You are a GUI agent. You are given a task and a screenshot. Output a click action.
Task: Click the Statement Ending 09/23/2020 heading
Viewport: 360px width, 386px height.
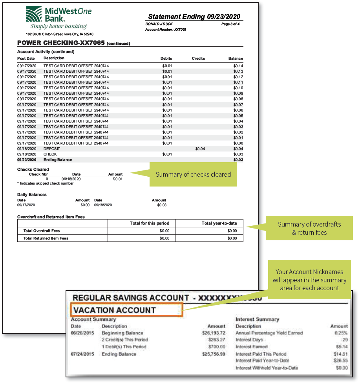[194, 16]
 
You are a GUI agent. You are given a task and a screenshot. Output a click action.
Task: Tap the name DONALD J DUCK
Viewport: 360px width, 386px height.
[159, 24]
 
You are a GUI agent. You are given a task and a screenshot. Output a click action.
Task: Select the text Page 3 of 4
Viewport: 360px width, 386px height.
[230, 24]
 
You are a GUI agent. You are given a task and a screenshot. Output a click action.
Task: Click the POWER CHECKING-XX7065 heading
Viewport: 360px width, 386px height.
[61, 43]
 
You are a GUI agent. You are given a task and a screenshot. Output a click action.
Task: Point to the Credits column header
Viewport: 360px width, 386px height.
[198, 59]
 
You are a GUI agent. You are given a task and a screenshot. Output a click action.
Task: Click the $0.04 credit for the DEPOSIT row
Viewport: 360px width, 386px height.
[200, 149]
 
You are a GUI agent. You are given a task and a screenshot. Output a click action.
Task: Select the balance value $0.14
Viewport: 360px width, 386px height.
[238, 66]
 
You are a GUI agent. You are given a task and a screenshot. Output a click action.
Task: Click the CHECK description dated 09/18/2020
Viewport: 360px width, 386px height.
[50, 154]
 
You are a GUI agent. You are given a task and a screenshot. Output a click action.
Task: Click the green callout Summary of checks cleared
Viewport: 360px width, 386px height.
[193, 174]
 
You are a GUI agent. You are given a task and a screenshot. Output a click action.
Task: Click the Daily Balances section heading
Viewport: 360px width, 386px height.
[32, 194]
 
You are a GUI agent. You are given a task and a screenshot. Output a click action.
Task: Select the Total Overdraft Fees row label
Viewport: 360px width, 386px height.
[42, 231]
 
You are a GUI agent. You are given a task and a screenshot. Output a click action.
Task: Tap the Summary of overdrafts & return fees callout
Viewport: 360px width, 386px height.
[309, 228]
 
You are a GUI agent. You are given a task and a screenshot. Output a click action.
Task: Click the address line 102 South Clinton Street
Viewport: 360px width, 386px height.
[60, 34]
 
